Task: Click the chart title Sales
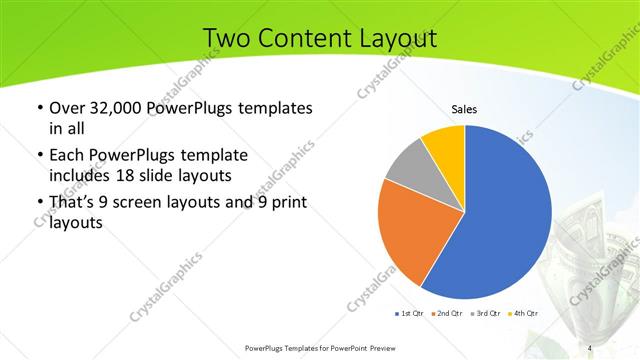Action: click(x=464, y=109)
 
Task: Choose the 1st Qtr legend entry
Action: click(x=411, y=313)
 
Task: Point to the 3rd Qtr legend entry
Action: click(x=486, y=313)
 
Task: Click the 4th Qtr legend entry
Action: click(x=523, y=313)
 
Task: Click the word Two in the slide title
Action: click(x=225, y=38)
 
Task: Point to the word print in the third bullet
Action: click(x=287, y=204)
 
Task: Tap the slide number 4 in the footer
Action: click(x=591, y=347)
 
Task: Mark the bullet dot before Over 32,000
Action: click(x=39, y=108)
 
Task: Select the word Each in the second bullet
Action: click(x=67, y=156)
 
